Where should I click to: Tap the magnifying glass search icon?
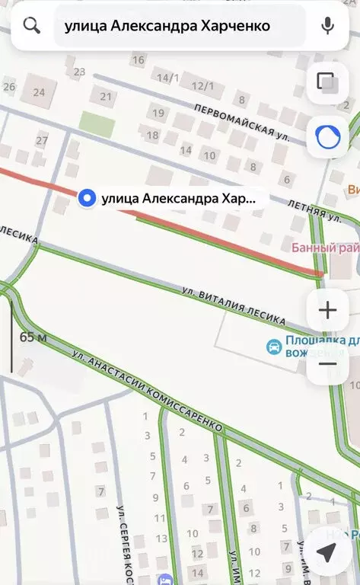coord(31,25)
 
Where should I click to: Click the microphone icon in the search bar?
coord(328,25)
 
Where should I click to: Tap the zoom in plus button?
coord(327,310)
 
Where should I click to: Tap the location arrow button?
coord(327,553)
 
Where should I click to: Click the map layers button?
coord(327,82)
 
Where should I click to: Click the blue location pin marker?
coord(88,199)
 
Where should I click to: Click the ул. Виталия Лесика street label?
coord(234,304)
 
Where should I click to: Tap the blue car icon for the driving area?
coord(272,347)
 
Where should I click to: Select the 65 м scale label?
coord(33,337)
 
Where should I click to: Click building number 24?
coord(39,92)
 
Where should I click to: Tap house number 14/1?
coord(167,78)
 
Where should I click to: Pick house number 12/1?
coord(202,86)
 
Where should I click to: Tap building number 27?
coord(42,140)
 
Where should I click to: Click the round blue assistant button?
coord(327,136)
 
